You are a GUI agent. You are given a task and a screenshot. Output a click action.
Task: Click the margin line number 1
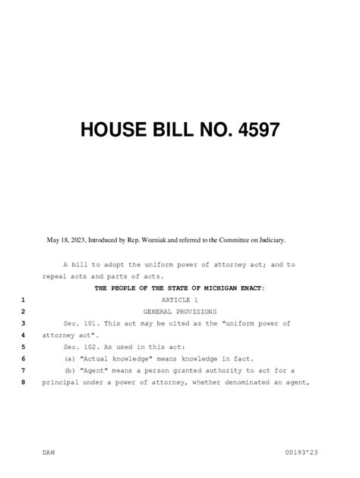24,300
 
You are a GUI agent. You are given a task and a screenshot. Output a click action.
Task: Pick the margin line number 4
24,335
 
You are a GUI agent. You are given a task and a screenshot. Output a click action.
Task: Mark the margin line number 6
24,358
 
